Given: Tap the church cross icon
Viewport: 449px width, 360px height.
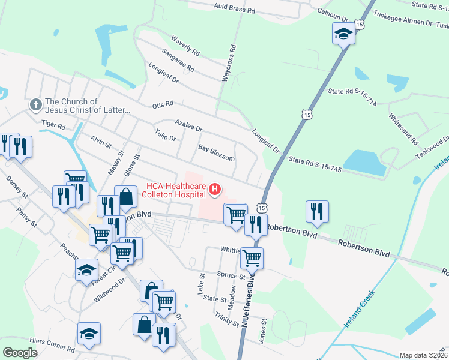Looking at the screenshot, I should pyautogui.click(x=35, y=106).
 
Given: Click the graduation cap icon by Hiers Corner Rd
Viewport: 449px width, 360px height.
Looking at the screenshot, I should pyautogui.click(x=89, y=334).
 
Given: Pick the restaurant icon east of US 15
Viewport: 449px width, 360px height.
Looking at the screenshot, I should pyautogui.click(x=317, y=211).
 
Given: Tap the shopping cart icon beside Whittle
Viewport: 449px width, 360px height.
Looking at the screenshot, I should pyautogui.click(x=252, y=258).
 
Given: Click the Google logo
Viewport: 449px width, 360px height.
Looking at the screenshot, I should pyautogui.click(x=20, y=353).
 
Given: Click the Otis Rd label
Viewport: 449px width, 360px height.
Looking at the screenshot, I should pyautogui.click(x=163, y=104).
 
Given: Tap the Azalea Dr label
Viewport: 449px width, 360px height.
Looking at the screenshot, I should pyautogui.click(x=188, y=125).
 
